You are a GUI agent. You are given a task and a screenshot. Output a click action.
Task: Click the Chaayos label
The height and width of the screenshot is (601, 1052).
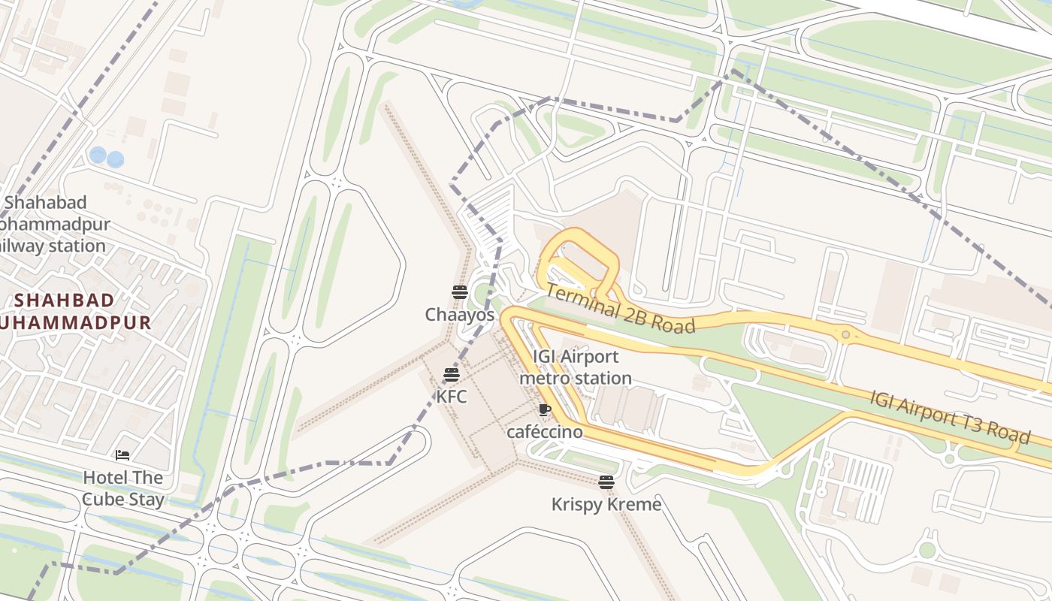point(460,315)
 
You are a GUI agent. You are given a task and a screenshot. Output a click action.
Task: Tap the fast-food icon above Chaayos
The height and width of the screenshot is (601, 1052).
point(460,292)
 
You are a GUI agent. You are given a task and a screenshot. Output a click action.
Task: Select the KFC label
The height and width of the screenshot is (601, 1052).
point(452,396)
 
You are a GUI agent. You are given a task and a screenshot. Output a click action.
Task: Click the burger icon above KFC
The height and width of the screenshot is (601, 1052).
point(452,375)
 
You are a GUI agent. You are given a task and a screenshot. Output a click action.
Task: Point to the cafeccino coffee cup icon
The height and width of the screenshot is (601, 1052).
point(545,410)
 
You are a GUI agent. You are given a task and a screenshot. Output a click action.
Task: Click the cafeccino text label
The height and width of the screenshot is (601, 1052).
point(545,432)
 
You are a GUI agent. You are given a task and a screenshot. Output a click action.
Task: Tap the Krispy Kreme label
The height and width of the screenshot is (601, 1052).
point(606,504)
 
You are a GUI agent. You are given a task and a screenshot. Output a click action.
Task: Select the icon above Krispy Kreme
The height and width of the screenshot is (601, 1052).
point(606,482)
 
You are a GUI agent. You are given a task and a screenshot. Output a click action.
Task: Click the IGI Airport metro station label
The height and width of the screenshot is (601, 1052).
point(576,367)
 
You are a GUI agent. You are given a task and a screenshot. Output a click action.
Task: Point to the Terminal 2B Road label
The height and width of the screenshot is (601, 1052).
point(620,308)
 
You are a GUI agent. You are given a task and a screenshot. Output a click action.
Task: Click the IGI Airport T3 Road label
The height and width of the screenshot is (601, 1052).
point(950,417)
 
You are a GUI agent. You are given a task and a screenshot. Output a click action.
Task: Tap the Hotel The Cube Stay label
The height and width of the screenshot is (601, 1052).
point(123,488)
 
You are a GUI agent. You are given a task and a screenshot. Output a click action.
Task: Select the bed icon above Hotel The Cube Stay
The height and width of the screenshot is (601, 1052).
point(122,455)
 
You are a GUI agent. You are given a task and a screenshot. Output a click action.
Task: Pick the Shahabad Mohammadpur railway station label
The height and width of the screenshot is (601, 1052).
point(53,224)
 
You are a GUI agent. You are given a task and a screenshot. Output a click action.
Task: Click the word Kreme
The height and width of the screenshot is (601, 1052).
point(636,504)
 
